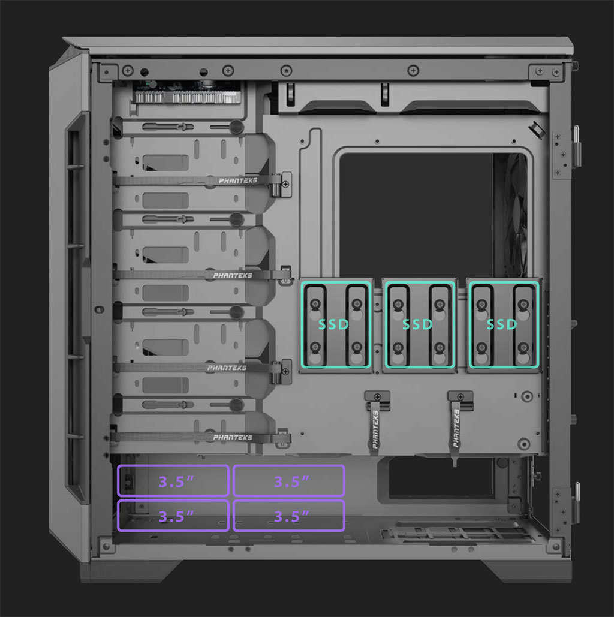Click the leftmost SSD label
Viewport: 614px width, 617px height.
tap(333, 324)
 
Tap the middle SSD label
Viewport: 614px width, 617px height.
tap(417, 324)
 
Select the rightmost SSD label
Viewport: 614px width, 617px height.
tap(502, 324)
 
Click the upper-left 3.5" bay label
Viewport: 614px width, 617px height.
tap(176, 481)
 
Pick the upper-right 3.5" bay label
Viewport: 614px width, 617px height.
tap(291, 481)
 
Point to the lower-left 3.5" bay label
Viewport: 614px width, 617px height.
tap(176, 516)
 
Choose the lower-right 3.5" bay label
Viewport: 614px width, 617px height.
tap(291, 516)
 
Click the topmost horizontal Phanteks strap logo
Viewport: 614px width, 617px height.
tap(237, 180)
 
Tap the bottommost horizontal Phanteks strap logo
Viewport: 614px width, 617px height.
tap(233, 437)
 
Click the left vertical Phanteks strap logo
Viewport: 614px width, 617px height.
tap(375, 429)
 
